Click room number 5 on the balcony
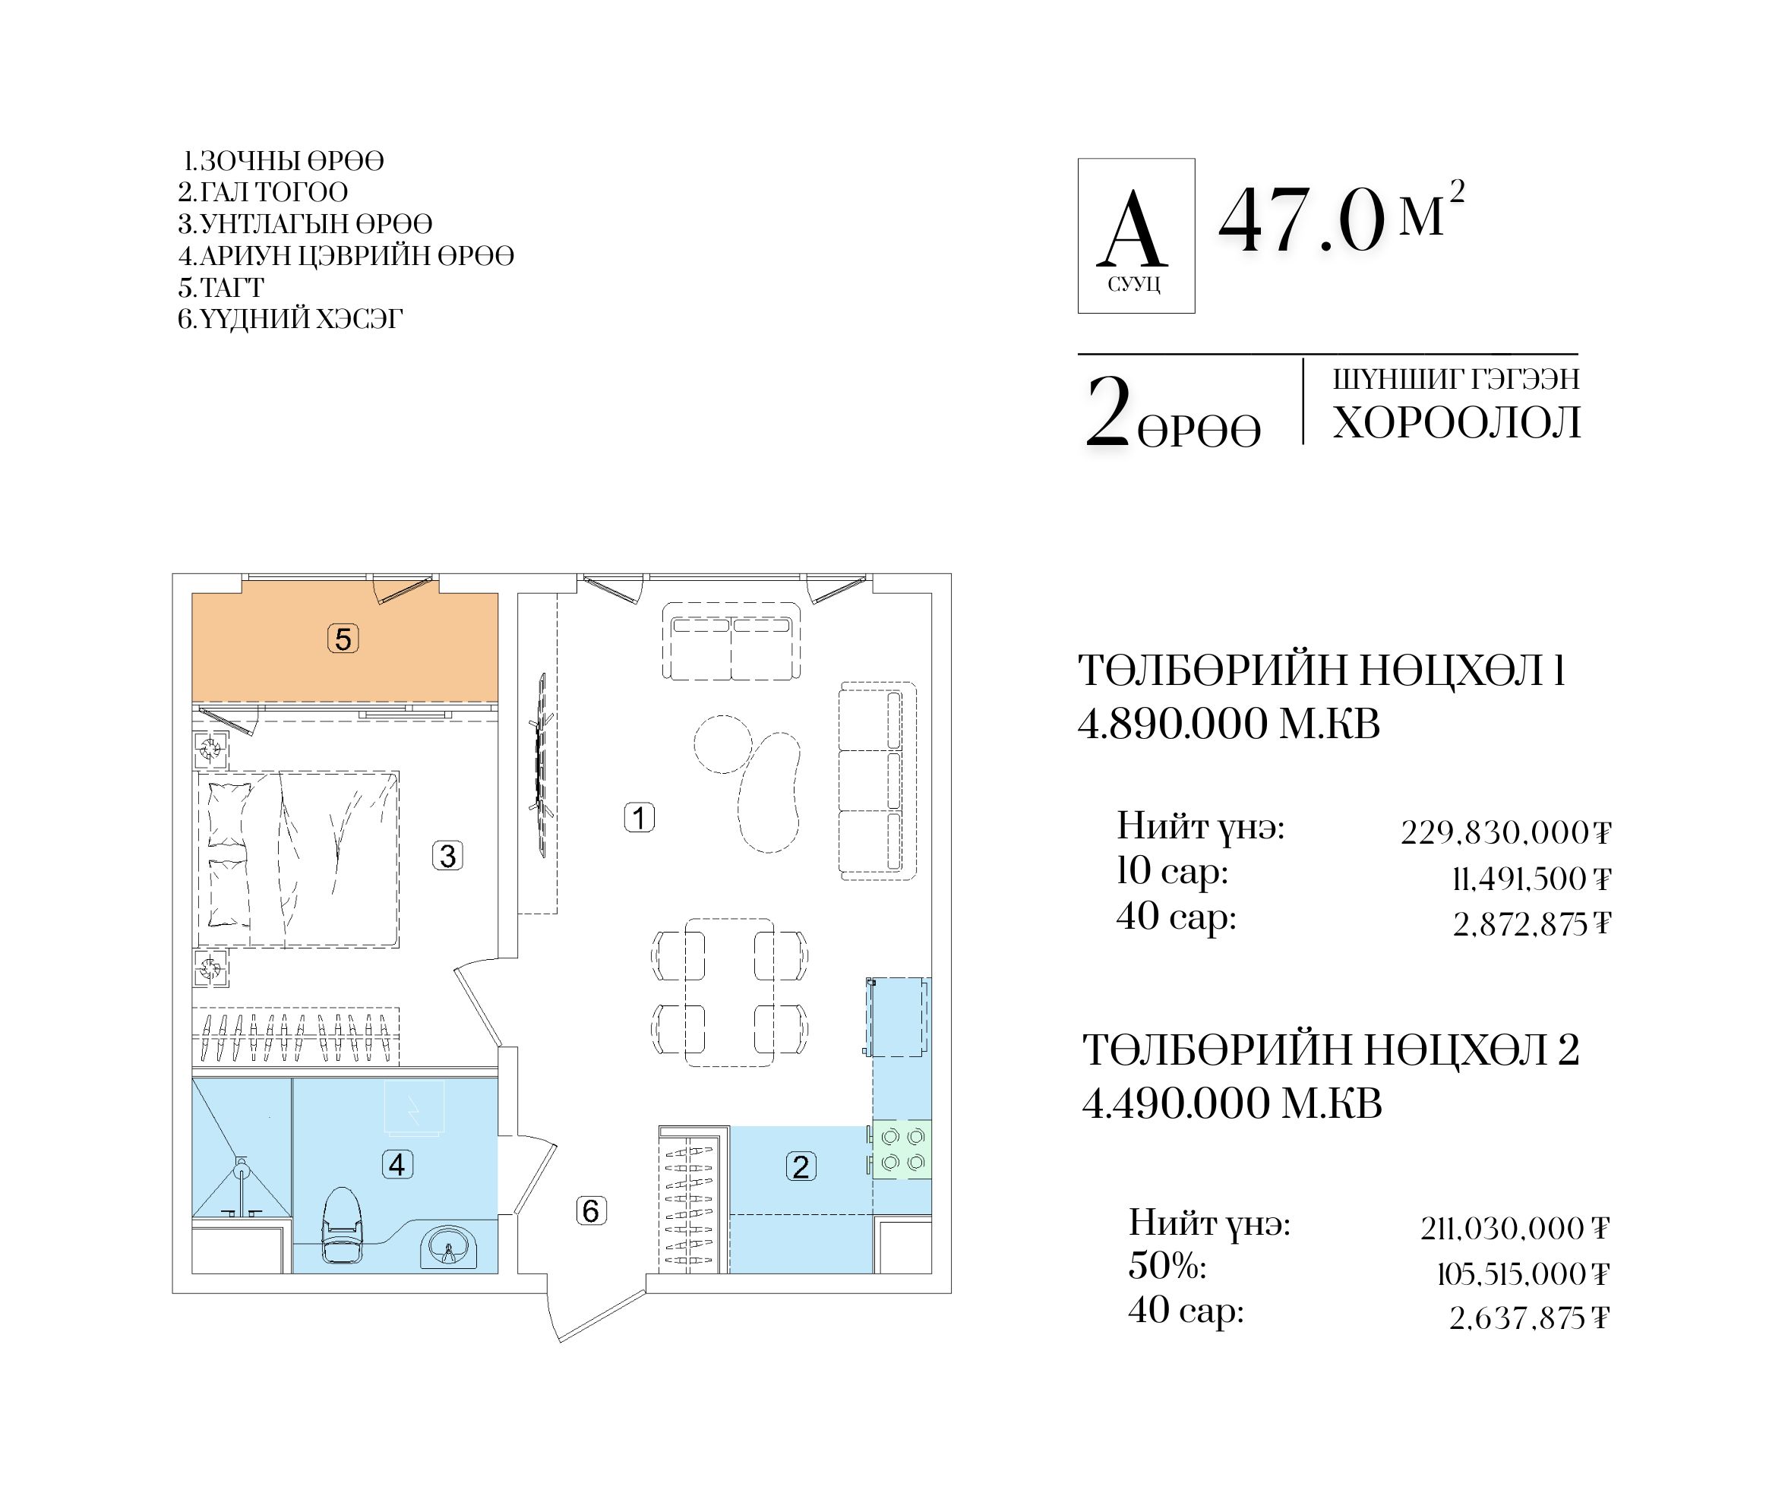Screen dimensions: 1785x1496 click(343, 639)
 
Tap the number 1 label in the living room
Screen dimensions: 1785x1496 click(640, 818)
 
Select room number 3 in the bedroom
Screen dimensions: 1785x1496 click(448, 855)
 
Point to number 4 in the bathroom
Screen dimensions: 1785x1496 click(397, 1163)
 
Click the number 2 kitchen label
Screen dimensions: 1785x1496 click(801, 1166)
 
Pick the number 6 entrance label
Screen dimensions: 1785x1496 click(591, 1210)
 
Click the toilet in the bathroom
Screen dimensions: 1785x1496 click(344, 1225)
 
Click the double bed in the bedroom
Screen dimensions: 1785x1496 click(299, 859)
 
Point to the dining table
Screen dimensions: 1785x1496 click(730, 992)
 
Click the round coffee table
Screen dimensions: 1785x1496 click(723, 743)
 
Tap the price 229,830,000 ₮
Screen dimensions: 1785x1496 click(1505, 832)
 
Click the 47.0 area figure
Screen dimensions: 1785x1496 click(1301, 221)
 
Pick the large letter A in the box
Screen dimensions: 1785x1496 click(1133, 229)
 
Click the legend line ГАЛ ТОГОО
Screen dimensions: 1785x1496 click(263, 192)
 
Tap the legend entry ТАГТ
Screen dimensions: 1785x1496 click(221, 287)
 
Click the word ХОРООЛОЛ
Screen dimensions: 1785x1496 click(1457, 422)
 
